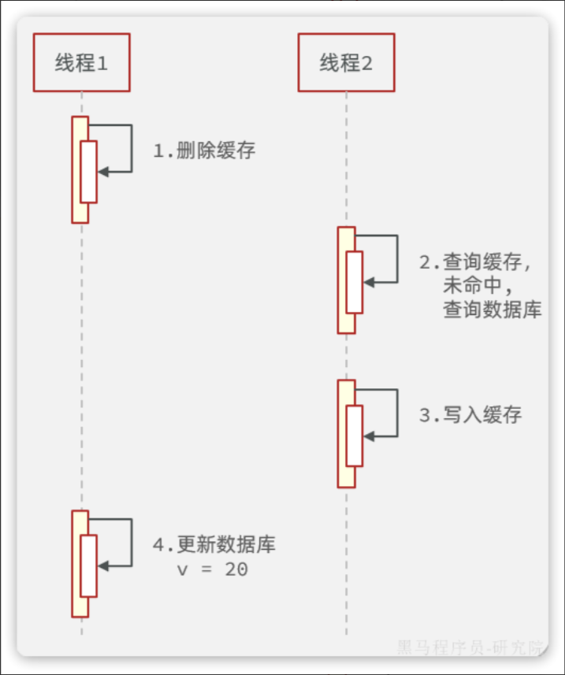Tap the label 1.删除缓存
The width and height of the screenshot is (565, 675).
[x=204, y=150]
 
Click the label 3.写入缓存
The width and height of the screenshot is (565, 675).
[x=470, y=415]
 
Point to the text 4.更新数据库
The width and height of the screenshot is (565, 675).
[x=214, y=545]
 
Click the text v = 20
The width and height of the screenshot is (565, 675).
[x=212, y=569]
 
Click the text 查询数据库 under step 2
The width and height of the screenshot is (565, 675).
[x=492, y=310]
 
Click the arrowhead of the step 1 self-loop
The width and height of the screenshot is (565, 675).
[x=102, y=170]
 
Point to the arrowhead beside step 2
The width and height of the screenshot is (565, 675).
[x=368, y=281]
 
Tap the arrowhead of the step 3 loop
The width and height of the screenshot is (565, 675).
[x=368, y=435]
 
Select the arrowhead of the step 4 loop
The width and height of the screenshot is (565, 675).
[x=102, y=565]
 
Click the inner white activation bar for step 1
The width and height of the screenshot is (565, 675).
[x=88, y=171]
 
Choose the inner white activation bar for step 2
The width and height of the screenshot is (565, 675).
[x=354, y=282]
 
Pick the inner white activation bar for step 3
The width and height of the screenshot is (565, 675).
[x=354, y=436]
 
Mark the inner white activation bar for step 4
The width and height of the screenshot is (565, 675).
[x=88, y=566]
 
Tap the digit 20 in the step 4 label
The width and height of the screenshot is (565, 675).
[x=236, y=569]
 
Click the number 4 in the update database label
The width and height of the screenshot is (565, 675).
[x=158, y=545]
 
